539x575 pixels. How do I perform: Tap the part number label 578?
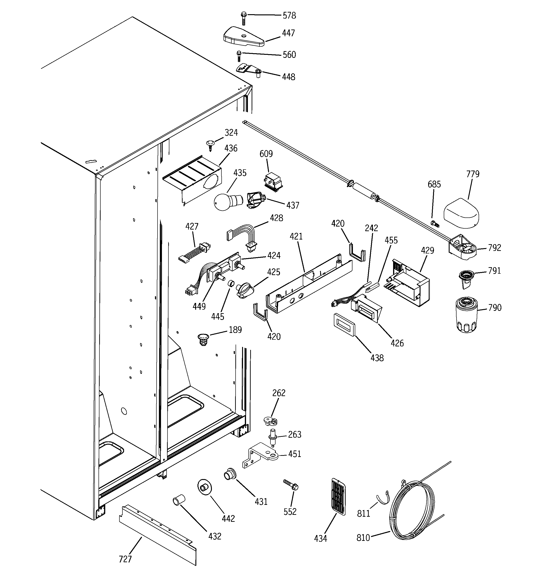point(289,16)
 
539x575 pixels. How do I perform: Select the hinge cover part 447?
point(244,37)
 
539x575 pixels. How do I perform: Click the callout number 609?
point(266,154)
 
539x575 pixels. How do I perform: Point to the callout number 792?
point(494,248)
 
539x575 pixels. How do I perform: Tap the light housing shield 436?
point(192,179)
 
